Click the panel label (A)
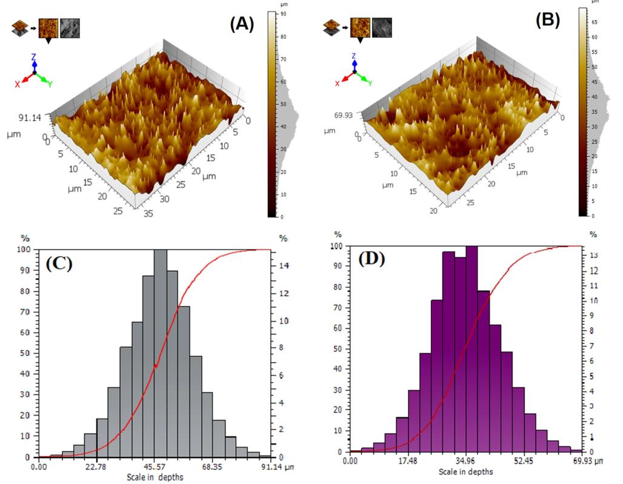pyautogui.click(x=241, y=24)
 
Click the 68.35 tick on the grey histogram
pyautogui.click(x=213, y=467)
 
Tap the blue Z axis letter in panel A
pyautogui.click(x=34, y=57)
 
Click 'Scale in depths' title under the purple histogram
pyautogui.click(x=465, y=471)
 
